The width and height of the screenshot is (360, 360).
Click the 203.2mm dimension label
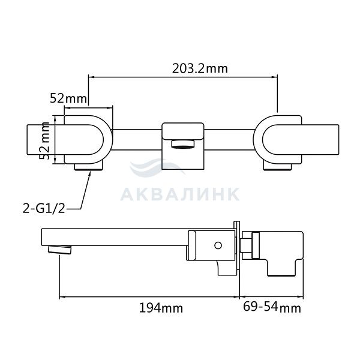coord(200,68)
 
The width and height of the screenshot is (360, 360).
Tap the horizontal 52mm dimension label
coord(68,98)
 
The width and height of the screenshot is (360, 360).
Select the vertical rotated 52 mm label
coord(44,141)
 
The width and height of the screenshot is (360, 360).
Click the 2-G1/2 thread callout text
coord(44,209)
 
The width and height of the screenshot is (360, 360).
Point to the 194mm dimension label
coord(161,308)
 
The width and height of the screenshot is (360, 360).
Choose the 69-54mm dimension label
coord(272,307)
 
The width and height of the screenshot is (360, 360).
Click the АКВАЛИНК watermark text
coord(180,194)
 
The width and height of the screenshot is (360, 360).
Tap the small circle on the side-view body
coord(218,245)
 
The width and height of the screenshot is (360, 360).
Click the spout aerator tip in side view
coord(59,250)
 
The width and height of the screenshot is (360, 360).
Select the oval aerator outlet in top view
coord(183,144)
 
